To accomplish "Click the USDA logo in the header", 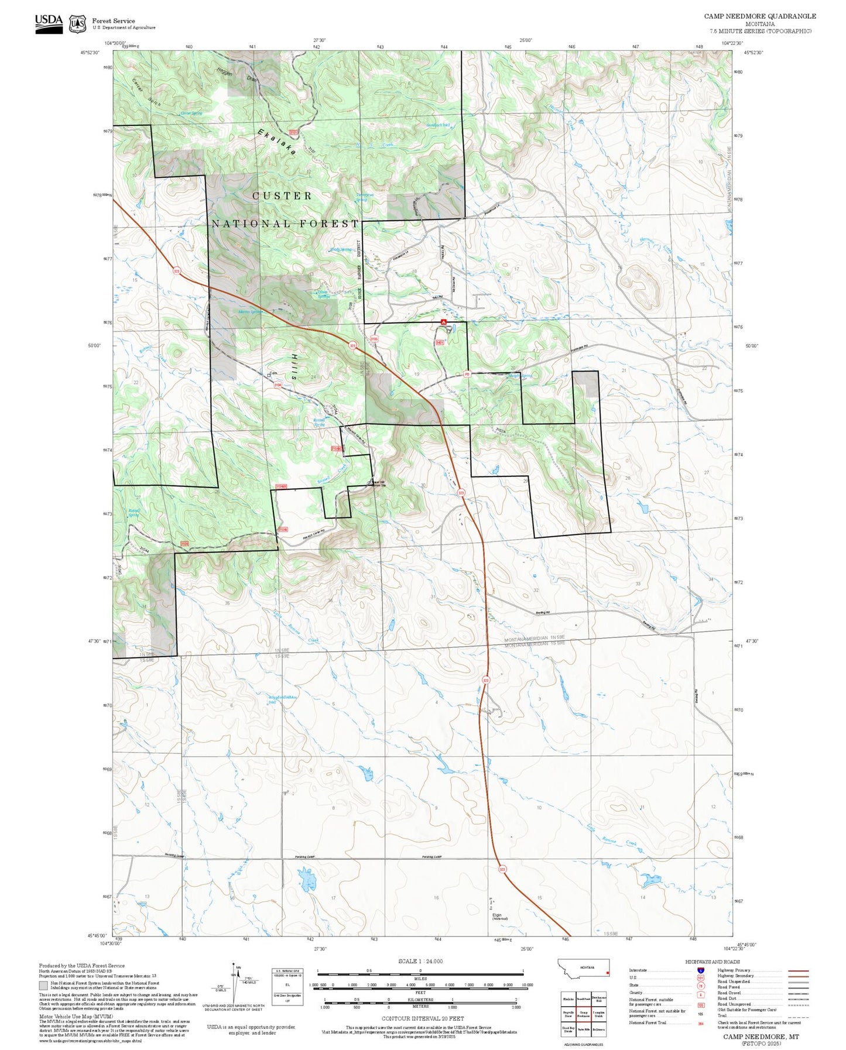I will [x=49, y=23].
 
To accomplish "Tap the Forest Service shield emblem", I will [x=77, y=24].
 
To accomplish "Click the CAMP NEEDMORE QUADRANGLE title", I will [x=759, y=16].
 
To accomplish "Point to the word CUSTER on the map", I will [x=282, y=195].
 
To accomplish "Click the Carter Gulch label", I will [x=146, y=92].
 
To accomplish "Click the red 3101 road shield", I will [x=294, y=133].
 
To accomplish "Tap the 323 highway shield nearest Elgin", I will [x=502, y=869].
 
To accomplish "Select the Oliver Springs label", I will [x=323, y=294].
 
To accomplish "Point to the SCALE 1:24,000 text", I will [x=420, y=961].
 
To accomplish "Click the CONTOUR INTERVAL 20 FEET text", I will [x=422, y=1018].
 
